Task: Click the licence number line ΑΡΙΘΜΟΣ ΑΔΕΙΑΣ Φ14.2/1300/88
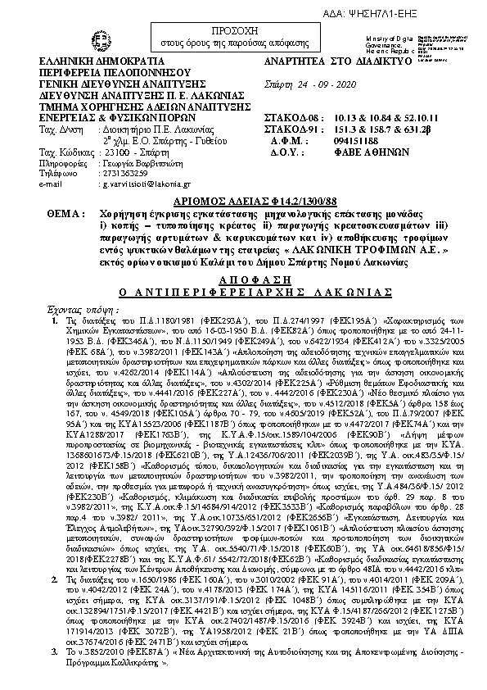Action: (x=242, y=199)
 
